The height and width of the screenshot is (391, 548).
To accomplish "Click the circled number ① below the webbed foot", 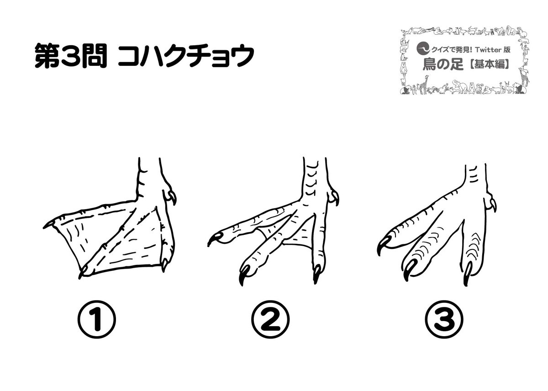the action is point(97,319).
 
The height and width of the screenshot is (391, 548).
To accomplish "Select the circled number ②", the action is point(270,319).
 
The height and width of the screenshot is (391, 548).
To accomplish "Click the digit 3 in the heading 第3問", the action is point(70,56).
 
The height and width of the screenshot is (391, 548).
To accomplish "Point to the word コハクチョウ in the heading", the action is point(186,56).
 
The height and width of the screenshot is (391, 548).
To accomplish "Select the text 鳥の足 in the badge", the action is point(443,64).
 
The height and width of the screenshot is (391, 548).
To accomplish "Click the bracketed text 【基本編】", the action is point(487,64).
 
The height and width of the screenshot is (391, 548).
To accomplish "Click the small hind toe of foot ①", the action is point(169,196).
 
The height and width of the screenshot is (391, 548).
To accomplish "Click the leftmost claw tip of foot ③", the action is point(379,255).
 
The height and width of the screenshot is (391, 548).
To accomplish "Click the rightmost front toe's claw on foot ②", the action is point(316,274).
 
